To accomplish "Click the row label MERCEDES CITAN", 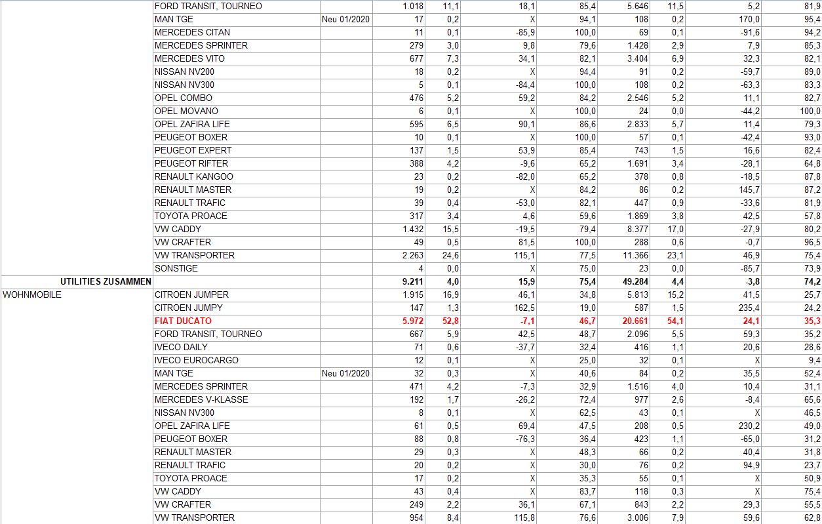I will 192,32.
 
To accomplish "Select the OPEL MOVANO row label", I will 186,111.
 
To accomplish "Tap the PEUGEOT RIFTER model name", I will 191,163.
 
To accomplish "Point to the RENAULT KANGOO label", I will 193,176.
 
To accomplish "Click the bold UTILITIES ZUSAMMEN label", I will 106,281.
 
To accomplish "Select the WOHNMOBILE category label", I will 32,294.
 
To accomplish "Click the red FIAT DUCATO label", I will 183,321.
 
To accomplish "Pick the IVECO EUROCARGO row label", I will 196,360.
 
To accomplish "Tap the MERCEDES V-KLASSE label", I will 201,399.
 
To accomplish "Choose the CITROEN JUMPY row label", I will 188,308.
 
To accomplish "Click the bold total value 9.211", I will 413,281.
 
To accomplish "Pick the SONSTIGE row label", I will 176,268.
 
